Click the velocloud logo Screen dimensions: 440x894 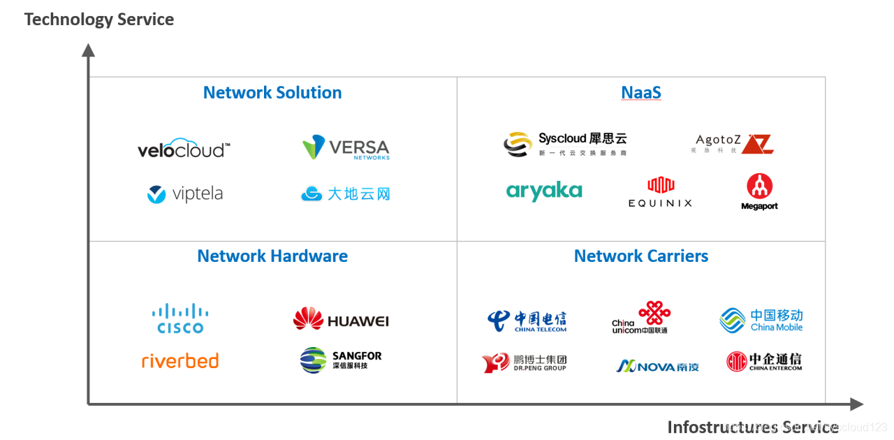pyautogui.click(x=184, y=149)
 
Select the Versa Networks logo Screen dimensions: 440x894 pyautogui.click(x=346, y=148)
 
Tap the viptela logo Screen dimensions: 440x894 pyautogui.click(x=185, y=194)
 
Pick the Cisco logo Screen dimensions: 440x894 pyautogui.click(x=180, y=319)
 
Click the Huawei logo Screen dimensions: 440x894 pyautogui.click(x=341, y=320)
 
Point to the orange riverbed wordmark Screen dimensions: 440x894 pyautogui.click(x=180, y=361)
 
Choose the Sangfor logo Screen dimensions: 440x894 pyautogui.click(x=341, y=360)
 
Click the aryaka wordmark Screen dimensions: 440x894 pyautogui.click(x=544, y=191)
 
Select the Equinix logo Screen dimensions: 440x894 pyautogui.click(x=660, y=192)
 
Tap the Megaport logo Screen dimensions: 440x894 pyautogui.click(x=759, y=192)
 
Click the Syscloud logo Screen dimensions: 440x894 pyautogui.click(x=565, y=143)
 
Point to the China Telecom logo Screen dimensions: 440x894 pyautogui.click(x=527, y=321)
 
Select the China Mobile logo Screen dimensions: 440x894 pyautogui.click(x=761, y=321)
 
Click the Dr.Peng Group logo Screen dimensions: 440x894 pyautogui.click(x=525, y=363)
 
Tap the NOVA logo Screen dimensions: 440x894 pyautogui.click(x=657, y=365)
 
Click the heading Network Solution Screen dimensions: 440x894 pyautogui.click(x=272, y=93)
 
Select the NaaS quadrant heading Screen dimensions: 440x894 pyautogui.click(x=641, y=93)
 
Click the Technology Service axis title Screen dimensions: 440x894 pyautogui.click(x=99, y=20)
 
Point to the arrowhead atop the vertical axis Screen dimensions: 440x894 pyautogui.click(x=88, y=50)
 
